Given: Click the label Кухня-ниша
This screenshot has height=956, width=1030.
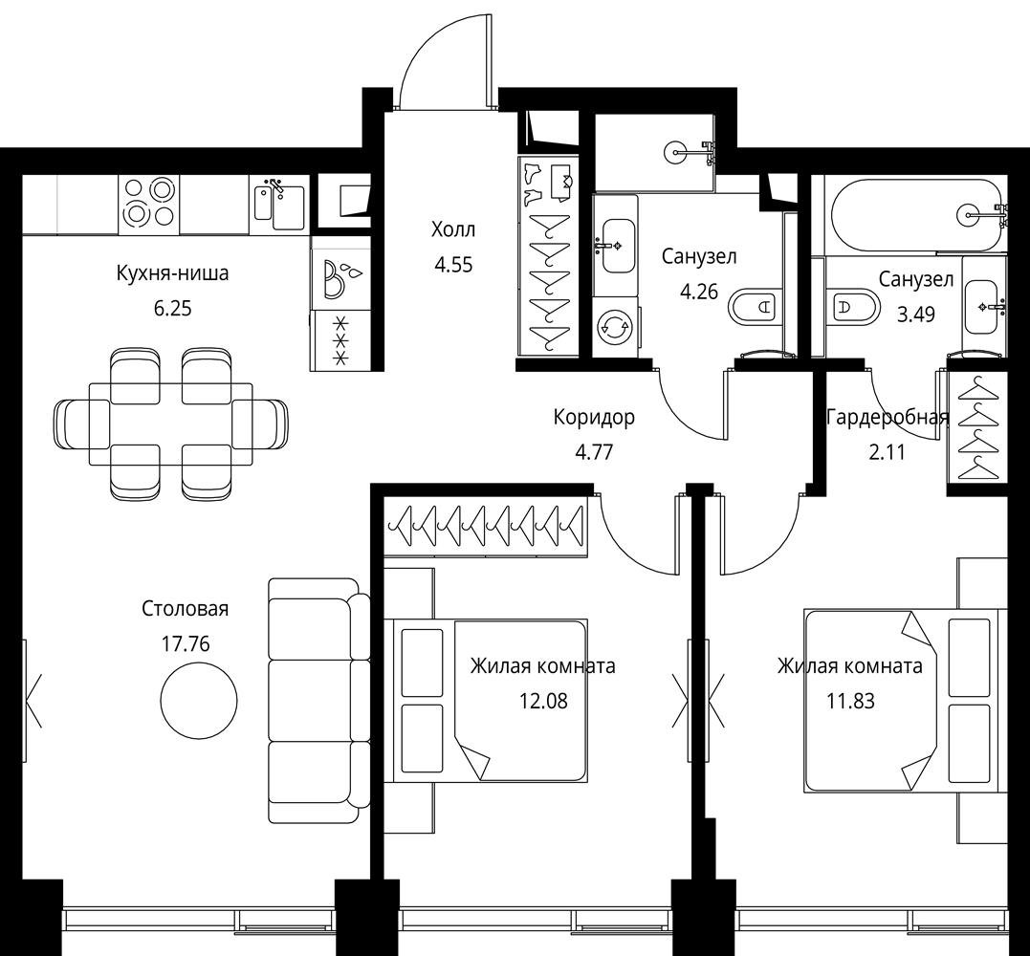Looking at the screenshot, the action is click(172, 273).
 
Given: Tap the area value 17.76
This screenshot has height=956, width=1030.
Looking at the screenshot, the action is click(186, 644).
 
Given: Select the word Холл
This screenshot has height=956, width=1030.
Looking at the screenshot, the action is click(453, 229).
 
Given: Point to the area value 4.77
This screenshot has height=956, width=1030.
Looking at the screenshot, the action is click(594, 452).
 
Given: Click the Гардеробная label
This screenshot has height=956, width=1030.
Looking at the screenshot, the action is click(888, 418).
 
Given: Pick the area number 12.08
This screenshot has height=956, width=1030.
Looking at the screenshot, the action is click(543, 702).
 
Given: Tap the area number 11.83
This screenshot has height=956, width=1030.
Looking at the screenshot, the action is click(850, 702).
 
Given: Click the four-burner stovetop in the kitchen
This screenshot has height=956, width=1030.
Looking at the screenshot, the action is click(149, 205).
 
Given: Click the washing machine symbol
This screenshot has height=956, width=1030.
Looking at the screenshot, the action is click(614, 328).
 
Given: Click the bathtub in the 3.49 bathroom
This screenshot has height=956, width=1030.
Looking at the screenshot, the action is click(917, 213).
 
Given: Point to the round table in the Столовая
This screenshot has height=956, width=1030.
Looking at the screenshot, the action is click(199, 701).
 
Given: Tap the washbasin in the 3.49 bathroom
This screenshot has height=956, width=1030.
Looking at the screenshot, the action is click(983, 307).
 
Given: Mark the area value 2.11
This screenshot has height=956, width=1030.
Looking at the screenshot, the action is click(887, 452).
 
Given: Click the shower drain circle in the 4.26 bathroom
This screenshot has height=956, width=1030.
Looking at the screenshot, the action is click(675, 152).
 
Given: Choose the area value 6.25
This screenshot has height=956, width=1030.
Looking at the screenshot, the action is click(172, 308).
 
